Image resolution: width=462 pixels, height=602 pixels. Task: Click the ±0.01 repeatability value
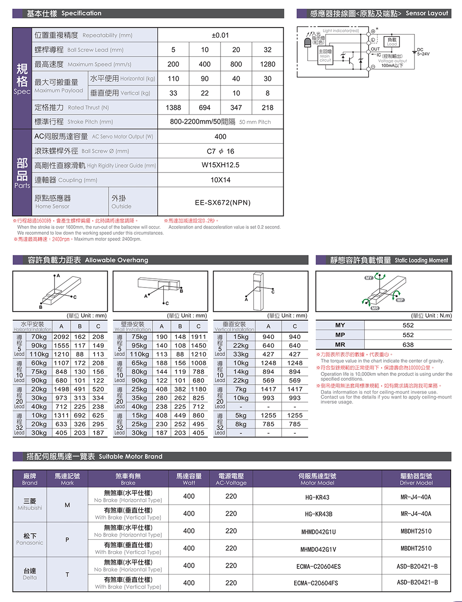(x=220, y=35)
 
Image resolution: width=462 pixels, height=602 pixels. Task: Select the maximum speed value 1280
(x=267, y=64)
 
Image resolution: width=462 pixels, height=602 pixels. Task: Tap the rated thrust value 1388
(x=173, y=108)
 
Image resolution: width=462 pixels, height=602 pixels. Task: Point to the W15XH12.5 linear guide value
(x=220, y=165)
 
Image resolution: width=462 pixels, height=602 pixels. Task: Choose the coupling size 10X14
(x=220, y=180)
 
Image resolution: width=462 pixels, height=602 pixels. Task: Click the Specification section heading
(x=64, y=14)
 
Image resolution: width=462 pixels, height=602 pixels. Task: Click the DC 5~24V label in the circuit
(x=423, y=52)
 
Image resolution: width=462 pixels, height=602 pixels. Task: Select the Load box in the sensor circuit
(x=392, y=42)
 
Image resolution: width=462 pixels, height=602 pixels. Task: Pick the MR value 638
(x=408, y=345)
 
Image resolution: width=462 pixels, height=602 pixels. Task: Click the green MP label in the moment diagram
(x=400, y=300)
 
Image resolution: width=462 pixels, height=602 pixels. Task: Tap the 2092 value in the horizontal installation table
(x=61, y=337)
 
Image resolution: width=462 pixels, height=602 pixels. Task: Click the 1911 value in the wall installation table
(x=198, y=337)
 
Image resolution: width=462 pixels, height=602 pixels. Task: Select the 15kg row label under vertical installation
(x=241, y=337)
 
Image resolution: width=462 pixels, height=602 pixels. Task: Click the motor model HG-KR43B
(x=317, y=514)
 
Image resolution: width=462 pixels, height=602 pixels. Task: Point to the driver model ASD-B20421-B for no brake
(x=417, y=566)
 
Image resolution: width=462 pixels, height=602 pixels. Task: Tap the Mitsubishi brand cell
(x=30, y=504)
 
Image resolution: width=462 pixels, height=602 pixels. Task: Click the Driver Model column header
(x=416, y=479)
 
